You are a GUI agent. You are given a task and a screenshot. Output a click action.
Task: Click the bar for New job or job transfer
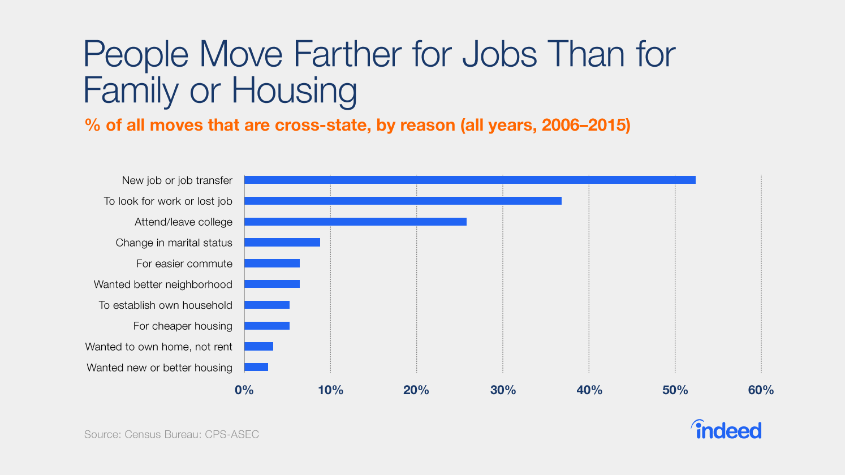pyautogui.click(x=469, y=180)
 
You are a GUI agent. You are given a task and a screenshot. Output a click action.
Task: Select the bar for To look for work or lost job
pyautogui.click(x=403, y=201)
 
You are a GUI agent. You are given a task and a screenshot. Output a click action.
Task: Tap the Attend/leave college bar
pyautogui.click(x=355, y=222)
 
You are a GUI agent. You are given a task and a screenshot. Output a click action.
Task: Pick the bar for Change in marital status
pyautogui.click(x=282, y=243)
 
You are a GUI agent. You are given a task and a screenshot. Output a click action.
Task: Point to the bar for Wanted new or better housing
pyautogui.click(x=256, y=368)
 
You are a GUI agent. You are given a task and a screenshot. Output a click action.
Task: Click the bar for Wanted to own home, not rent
pyautogui.click(x=258, y=347)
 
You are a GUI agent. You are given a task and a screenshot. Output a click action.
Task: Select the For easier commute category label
pyautogui.click(x=184, y=264)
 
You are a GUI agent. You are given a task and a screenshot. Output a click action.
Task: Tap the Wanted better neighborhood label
pyautogui.click(x=163, y=284)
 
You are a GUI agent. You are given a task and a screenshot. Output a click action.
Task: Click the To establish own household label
pyautogui.click(x=165, y=305)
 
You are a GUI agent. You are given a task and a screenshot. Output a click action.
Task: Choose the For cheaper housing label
pyautogui.click(x=183, y=326)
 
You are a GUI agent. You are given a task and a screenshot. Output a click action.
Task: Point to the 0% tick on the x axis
pyautogui.click(x=244, y=390)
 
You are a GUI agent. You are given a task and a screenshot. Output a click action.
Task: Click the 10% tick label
pyautogui.click(x=330, y=390)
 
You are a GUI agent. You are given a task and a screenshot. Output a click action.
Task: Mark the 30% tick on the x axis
pyautogui.click(x=503, y=390)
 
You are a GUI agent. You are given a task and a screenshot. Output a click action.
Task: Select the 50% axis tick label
pyautogui.click(x=675, y=390)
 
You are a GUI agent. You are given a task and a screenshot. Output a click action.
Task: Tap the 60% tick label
pyautogui.click(x=761, y=390)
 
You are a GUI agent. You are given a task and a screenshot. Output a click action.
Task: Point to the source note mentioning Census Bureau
pyautogui.click(x=171, y=434)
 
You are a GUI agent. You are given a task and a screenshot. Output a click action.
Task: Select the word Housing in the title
pyautogui.click(x=294, y=90)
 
